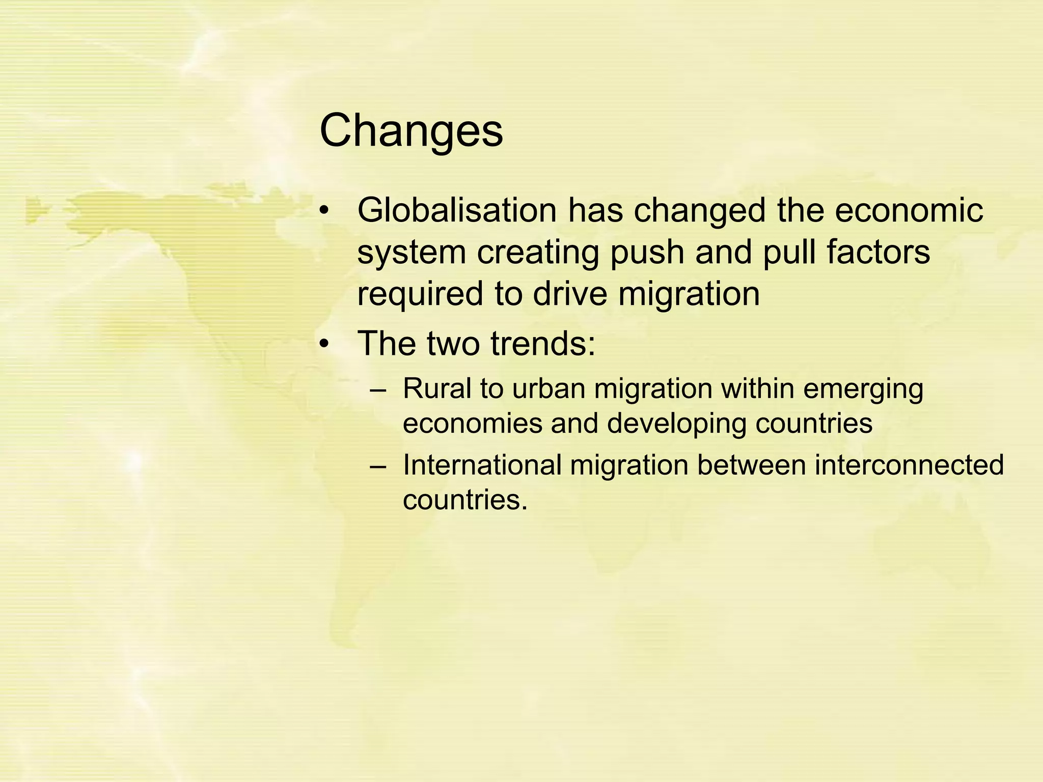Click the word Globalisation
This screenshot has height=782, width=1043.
(x=457, y=211)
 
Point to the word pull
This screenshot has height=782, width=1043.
(x=789, y=253)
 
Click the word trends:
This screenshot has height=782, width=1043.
(x=543, y=344)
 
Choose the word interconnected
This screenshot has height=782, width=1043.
(x=909, y=465)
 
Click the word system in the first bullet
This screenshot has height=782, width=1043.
(x=411, y=254)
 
